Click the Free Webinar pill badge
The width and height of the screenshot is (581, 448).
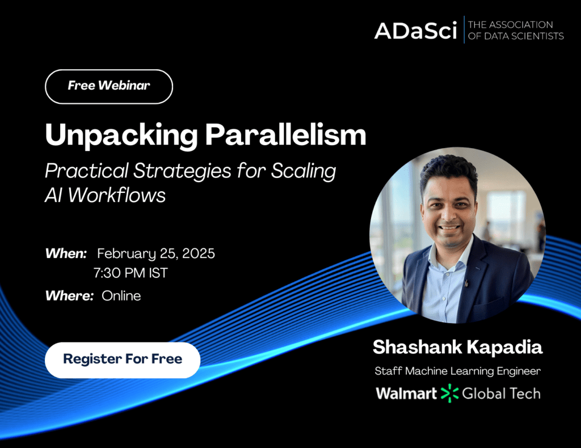pos(109,87)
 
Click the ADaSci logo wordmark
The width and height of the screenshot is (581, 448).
pos(415,31)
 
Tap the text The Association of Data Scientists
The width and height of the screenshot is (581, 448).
pos(516,31)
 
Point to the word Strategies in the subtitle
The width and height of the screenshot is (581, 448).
pos(182,171)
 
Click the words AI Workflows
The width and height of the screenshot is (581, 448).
pos(105,195)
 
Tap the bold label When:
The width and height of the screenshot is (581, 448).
pos(66,253)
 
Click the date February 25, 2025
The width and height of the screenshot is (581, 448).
pos(155,254)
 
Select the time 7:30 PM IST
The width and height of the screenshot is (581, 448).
pos(130,273)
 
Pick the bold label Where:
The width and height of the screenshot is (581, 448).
pos(69,296)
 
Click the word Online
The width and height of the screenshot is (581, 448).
pos(121,296)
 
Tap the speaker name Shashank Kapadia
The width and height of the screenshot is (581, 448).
pos(458,347)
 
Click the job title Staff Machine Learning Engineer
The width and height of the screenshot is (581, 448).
pos(458,371)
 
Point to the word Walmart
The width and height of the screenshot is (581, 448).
pos(406,394)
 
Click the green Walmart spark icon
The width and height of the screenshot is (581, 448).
pos(449,393)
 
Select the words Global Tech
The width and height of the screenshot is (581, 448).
pos(502,394)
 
